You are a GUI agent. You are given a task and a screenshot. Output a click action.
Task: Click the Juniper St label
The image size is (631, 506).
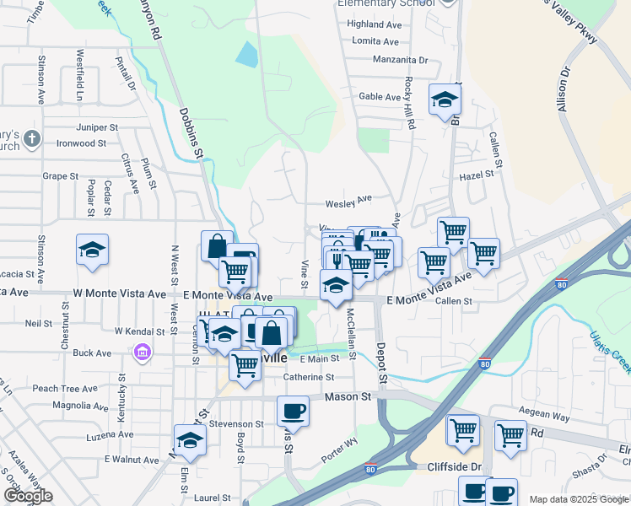pyautogui.click(x=97, y=127)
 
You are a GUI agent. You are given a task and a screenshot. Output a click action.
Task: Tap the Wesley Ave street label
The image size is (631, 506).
pyautogui.click(x=349, y=201)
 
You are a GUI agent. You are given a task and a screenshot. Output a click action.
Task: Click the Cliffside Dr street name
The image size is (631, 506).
pyautogui.click(x=453, y=466)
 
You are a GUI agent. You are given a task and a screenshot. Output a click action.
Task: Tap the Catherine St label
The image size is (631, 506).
pyautogui.click(x=309, y=378)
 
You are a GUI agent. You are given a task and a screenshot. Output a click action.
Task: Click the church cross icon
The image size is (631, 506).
pyautogui.click(x=31, y=139)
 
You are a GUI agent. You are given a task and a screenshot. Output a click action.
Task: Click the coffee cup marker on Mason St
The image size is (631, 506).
pyautogui.click(x=293, y=411)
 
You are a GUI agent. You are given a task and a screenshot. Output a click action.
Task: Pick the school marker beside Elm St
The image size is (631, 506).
pyautogui.click(x=190, y=439)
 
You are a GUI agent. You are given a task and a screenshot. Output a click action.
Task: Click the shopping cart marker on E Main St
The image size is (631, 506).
pyautogui.click(x=245, y=366)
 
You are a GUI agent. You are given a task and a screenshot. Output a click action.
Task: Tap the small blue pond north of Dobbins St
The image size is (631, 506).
pyautogui.click(x=247, y=55)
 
